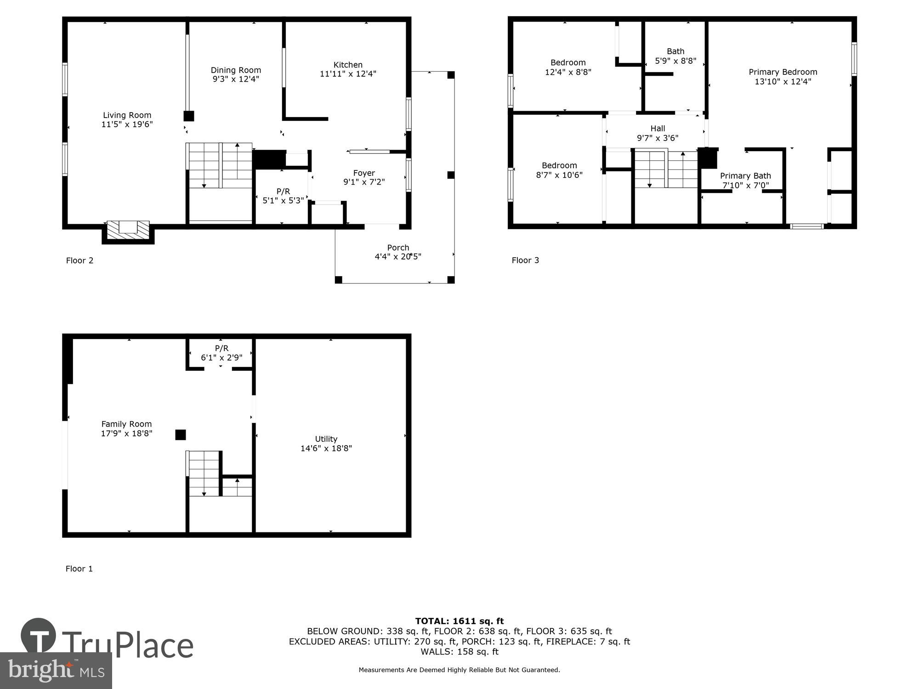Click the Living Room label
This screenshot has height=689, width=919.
(x=127, y=115)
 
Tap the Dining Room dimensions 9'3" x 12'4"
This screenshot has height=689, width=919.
(x=236, y=79)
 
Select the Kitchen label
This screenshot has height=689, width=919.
(x=348, y=65)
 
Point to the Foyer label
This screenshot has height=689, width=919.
(x=364, y=173)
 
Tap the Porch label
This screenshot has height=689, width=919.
(x=398, y=248)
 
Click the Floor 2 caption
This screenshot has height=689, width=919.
(x=79, y=260)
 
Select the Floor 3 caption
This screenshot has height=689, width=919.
(x=525, y=260)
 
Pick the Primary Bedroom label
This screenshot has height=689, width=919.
(x=783, y=72)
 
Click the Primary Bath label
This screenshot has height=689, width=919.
(x=745, y=176)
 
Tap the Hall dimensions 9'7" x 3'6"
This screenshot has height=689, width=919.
(x=658, y=138)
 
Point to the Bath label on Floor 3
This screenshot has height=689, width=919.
(x=675, y=51)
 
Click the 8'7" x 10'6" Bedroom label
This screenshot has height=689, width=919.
(x=559, y=165)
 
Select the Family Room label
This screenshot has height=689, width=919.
(x=126, y=424)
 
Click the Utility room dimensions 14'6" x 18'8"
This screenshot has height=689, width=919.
(x=326, y=448)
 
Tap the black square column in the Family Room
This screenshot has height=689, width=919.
(x=181, y=435)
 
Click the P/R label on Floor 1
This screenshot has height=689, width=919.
(x=221, y=348)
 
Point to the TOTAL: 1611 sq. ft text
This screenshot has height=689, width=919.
(x=459, y=621)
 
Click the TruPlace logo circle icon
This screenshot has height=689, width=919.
(x=39, y=637)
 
